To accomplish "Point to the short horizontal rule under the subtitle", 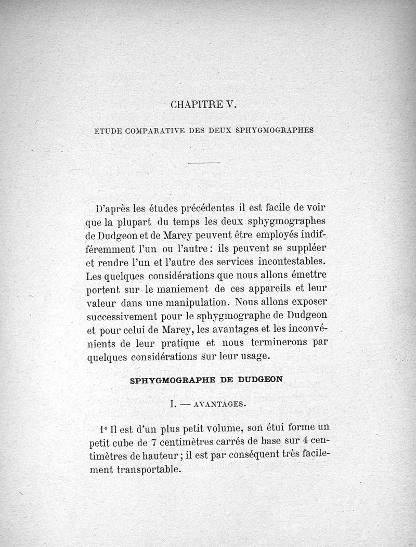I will pyautogui.click(x=204, y=163).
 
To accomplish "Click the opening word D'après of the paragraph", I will pyautogui.click(x=113, y=210).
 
